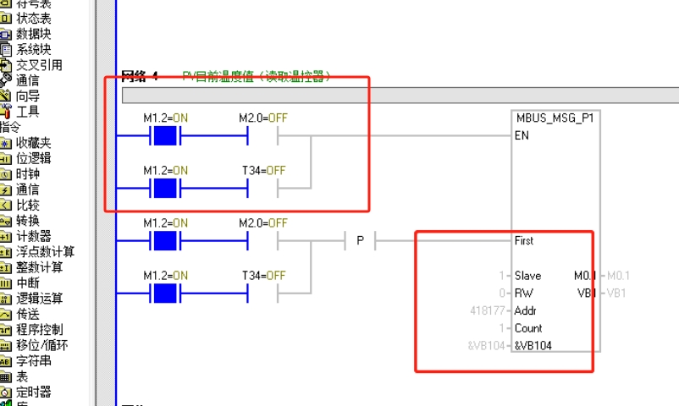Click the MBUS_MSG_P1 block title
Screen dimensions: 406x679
[555, 118]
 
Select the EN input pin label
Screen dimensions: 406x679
[522, 135]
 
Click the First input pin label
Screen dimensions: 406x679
[524, 240]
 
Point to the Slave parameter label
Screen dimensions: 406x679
[527, 276]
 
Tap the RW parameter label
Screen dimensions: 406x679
[523, 293]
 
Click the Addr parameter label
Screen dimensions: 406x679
[526, 310]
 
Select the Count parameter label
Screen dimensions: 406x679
[528, 328]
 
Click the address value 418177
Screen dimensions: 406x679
[489, 310]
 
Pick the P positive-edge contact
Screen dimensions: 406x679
[360, 241]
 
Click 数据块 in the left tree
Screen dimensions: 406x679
[34, 34]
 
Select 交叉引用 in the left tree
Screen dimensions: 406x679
[39, 65]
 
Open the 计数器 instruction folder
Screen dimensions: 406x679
[33, 236]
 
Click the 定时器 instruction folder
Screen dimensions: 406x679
[33, 392]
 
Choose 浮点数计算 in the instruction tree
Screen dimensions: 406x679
[45, 251]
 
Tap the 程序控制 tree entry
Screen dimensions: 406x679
[39, 329]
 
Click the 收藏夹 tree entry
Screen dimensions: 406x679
[33, 143]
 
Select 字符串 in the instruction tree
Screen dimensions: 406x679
[33, 360]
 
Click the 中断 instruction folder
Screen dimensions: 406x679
[27, 283]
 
